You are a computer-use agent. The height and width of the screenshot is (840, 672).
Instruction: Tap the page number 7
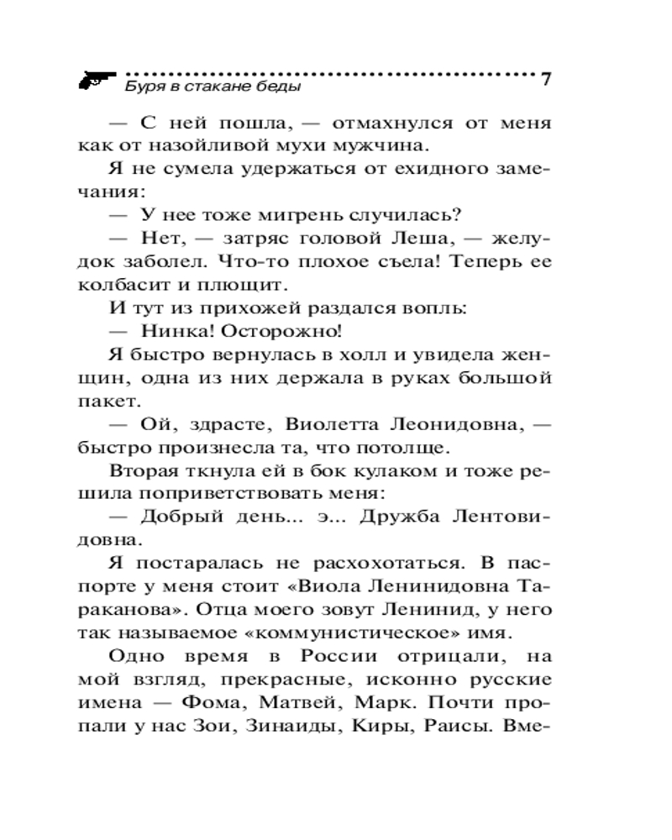[x=546, y=81]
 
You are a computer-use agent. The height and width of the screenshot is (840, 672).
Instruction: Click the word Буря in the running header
[x=139, y=86]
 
